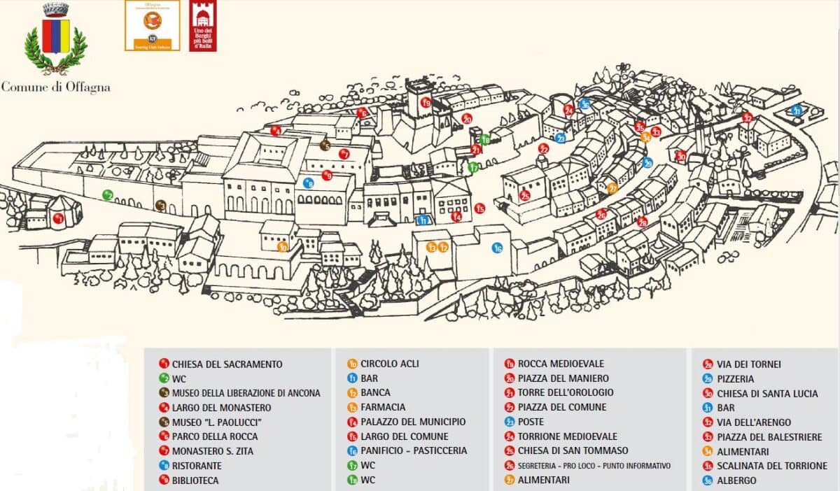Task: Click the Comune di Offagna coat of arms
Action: coord(55,38)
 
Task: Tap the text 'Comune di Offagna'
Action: coord(55,87)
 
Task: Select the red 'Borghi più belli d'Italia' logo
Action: coord(203,26)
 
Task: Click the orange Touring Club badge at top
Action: coord(152,25)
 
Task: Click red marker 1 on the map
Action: coord(59,219)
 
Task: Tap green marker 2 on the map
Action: coord(107,194)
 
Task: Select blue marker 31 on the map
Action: coord(796,111)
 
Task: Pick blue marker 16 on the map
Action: coord(497,248)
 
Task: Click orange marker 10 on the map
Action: coord(283,246)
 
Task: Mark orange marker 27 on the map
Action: coord(612,187)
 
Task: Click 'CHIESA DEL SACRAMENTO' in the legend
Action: coord(227,364)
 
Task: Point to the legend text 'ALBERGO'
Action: coord(736,481)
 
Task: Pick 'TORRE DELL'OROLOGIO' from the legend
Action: coord(566,392)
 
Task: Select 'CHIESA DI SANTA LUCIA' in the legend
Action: coord(766,393)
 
